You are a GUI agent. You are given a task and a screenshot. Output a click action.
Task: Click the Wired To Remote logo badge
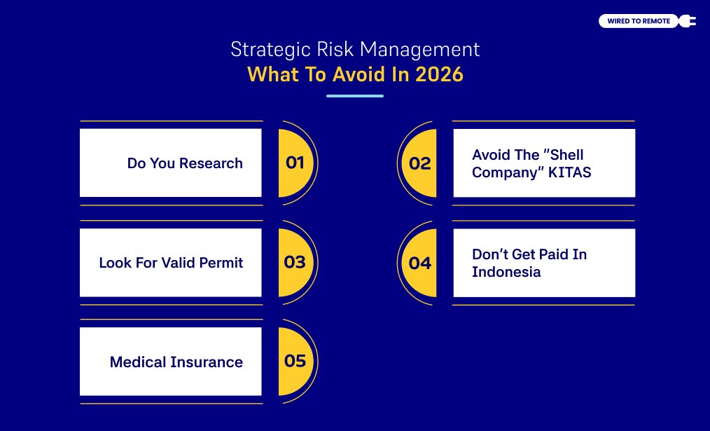coord(639,21)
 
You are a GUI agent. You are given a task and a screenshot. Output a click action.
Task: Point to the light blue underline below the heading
coord(355,96)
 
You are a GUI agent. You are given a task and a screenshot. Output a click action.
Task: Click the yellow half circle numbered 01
coord(294,163)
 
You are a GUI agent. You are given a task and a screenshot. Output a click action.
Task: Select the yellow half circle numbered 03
coord(294,263)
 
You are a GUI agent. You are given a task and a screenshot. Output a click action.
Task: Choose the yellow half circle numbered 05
coord(294,361)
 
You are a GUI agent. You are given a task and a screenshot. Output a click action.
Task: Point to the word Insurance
coord(206,362)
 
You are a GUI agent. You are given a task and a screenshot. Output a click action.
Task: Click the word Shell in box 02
coord(564,155)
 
